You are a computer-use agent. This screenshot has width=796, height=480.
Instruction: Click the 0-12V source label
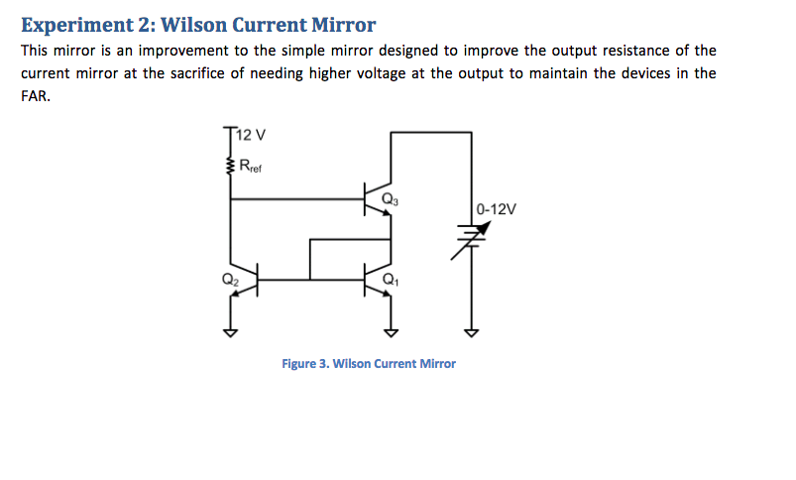click(x=496, y=210)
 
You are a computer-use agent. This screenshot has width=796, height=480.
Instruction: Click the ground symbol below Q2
click(x=231, y=331)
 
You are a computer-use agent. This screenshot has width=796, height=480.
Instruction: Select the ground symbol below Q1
click(x=391, y=331)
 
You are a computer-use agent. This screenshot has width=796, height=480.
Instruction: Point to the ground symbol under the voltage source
click(x=471, y=331)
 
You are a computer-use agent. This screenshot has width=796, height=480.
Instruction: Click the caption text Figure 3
click(x=305, y=364)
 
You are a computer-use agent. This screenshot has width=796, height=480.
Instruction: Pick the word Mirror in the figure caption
click(x=436, y=364)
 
